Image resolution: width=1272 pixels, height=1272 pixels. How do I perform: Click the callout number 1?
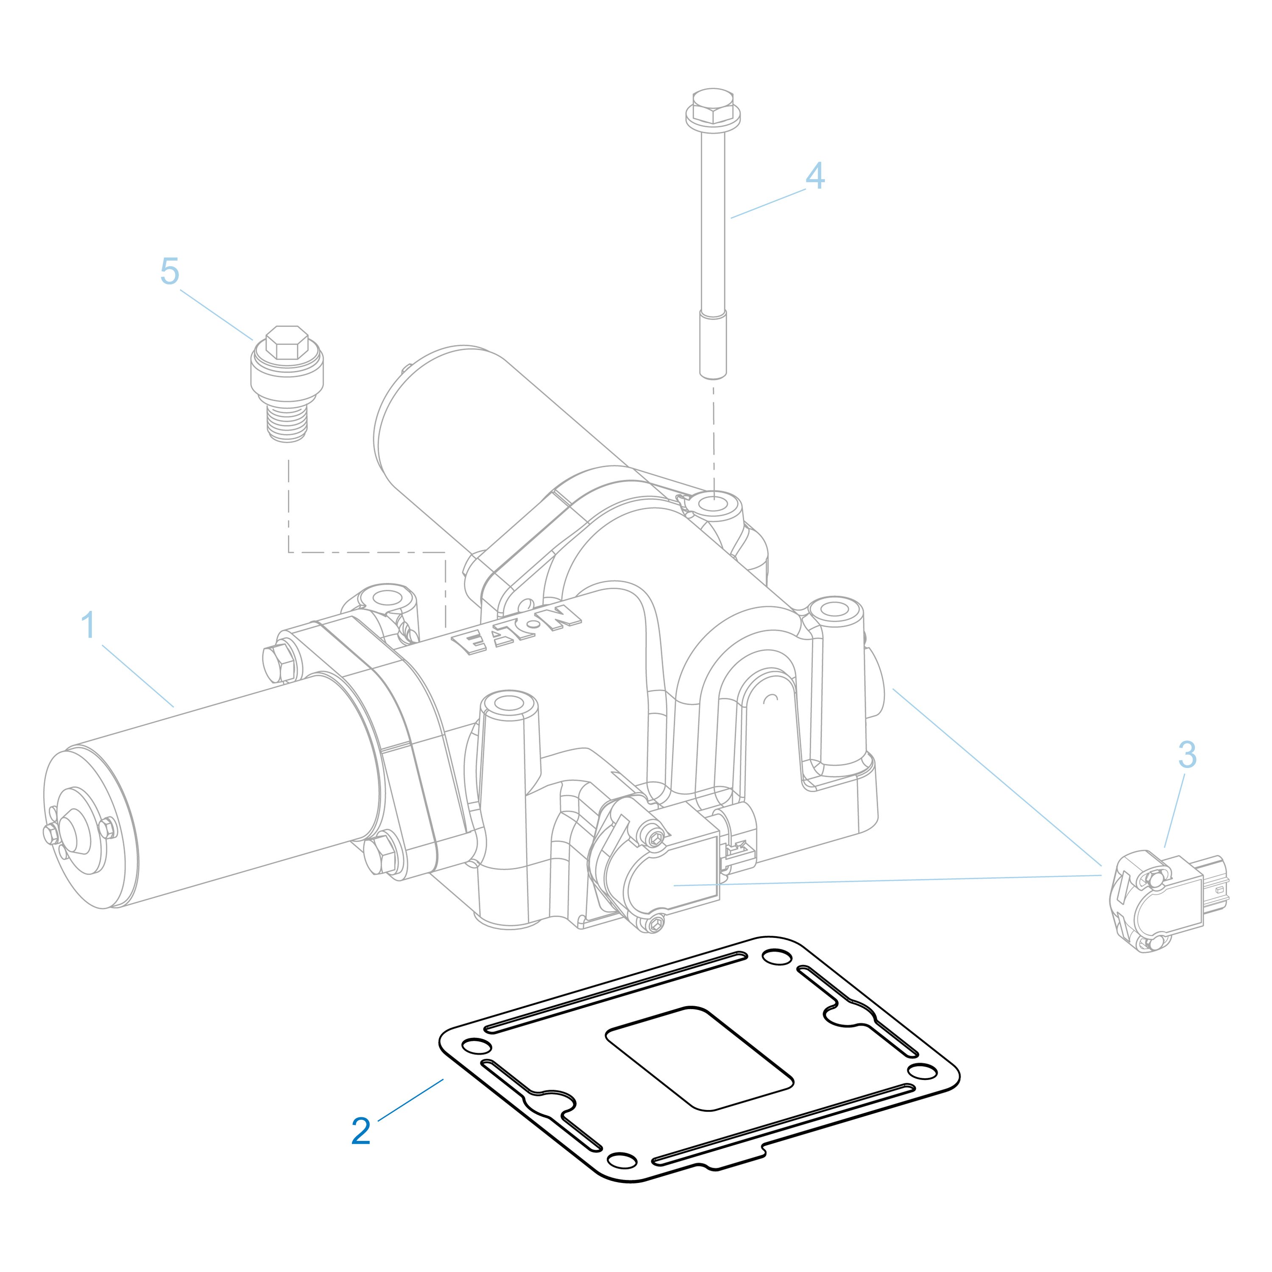[88, 625]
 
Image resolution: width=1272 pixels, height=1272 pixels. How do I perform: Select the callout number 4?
[815, 176]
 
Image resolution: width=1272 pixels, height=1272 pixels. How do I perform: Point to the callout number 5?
[170, 271]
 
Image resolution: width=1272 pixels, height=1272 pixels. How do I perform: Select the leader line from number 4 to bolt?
[768, 204]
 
